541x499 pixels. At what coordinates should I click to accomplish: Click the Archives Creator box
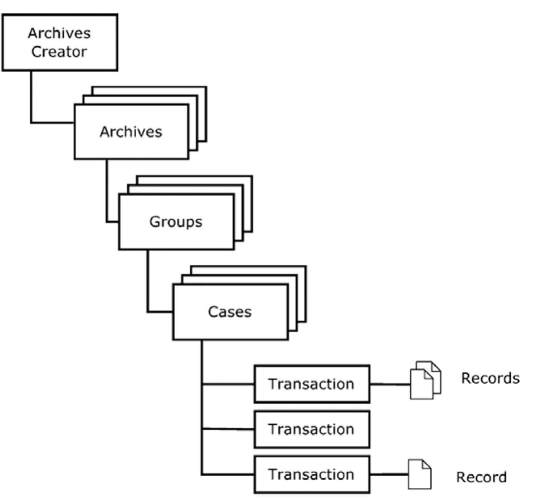coord(60,42)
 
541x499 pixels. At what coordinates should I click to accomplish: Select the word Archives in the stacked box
coord(131,132)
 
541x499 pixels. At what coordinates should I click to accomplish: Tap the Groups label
coord(176,221)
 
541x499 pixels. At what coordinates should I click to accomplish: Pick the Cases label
coord(229,312)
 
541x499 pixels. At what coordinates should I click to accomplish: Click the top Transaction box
coord(312,384)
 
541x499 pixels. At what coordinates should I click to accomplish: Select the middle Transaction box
coord(312,429)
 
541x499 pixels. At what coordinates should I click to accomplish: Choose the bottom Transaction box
coord(312,474)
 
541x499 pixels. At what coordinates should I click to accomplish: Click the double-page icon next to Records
coord(425,380)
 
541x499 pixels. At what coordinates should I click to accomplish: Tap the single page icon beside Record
coord(419,474)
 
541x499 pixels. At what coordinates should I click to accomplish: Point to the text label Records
coord(490,378)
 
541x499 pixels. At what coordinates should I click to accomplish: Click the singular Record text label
coord(481,477)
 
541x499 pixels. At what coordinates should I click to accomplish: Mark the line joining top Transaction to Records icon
coord(390,384)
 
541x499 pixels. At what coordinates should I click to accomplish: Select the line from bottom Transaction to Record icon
coord(388,474)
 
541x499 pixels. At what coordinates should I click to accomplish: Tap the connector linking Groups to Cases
coord(148,282)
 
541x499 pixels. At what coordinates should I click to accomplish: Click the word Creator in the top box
coord(59,52)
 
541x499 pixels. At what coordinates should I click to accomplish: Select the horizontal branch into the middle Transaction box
coord(228,429)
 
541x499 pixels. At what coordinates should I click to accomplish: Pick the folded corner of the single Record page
coord(426,464)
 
